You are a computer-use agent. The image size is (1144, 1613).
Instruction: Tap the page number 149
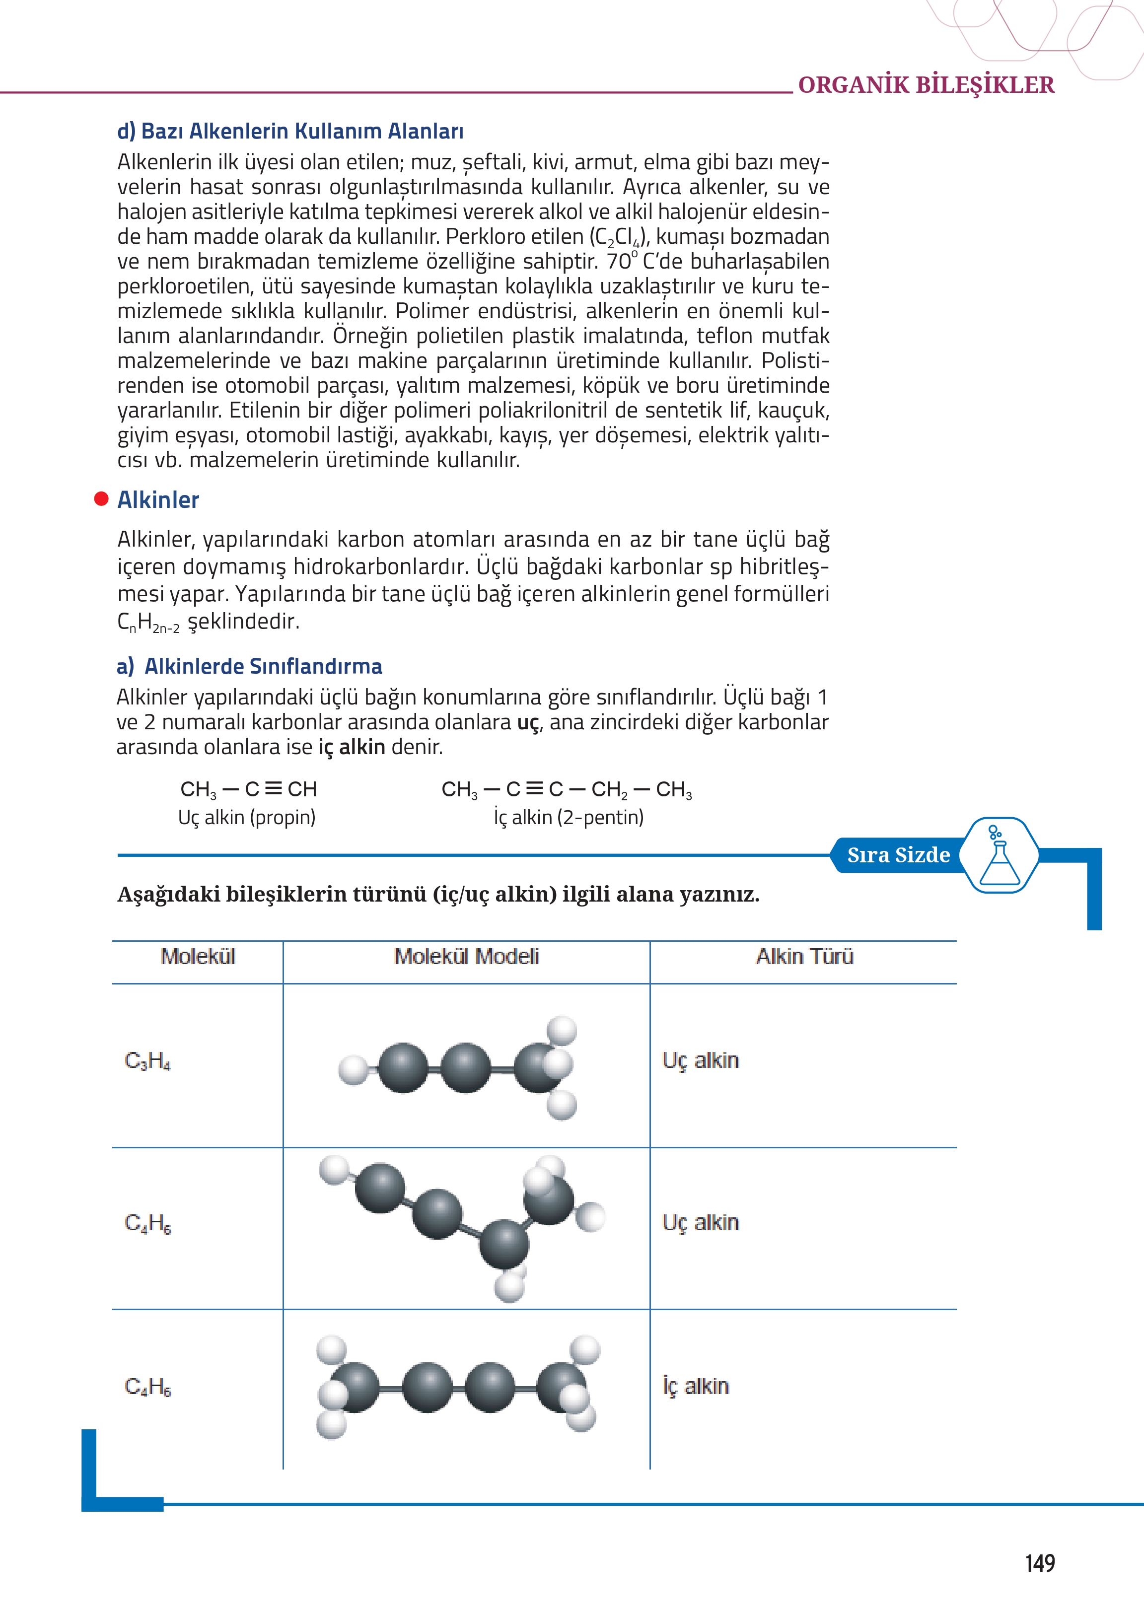[x=1039, y=1563]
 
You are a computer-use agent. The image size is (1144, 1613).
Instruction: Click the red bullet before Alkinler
[x=101, y=498]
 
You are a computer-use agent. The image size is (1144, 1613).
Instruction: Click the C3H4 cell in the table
[x=147, y=1060]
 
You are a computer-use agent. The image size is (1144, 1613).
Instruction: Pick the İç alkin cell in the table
[x=695, y=1386]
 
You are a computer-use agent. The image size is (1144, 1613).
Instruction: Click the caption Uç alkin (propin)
[x=247, y=817]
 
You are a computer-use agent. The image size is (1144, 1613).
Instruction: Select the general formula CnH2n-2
[x=148, y=622]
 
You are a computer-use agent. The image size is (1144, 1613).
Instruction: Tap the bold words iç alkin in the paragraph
[x=352, y=747]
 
